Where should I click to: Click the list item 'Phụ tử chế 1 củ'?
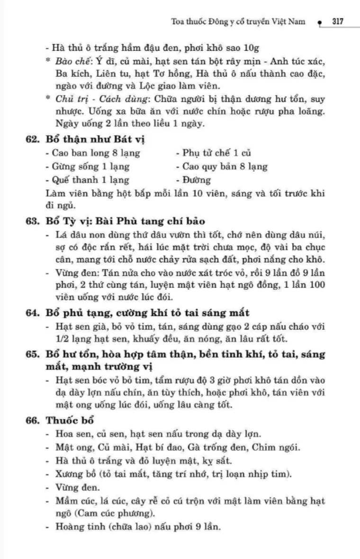click(213, 153)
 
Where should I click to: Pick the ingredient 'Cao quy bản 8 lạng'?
click(221, 167)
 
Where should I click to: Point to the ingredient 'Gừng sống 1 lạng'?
click(88, 167)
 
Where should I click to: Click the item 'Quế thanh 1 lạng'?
click(88, 180)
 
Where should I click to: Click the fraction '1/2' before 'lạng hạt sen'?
click(62, 339)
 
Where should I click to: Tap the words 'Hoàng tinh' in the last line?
click(75, 527)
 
